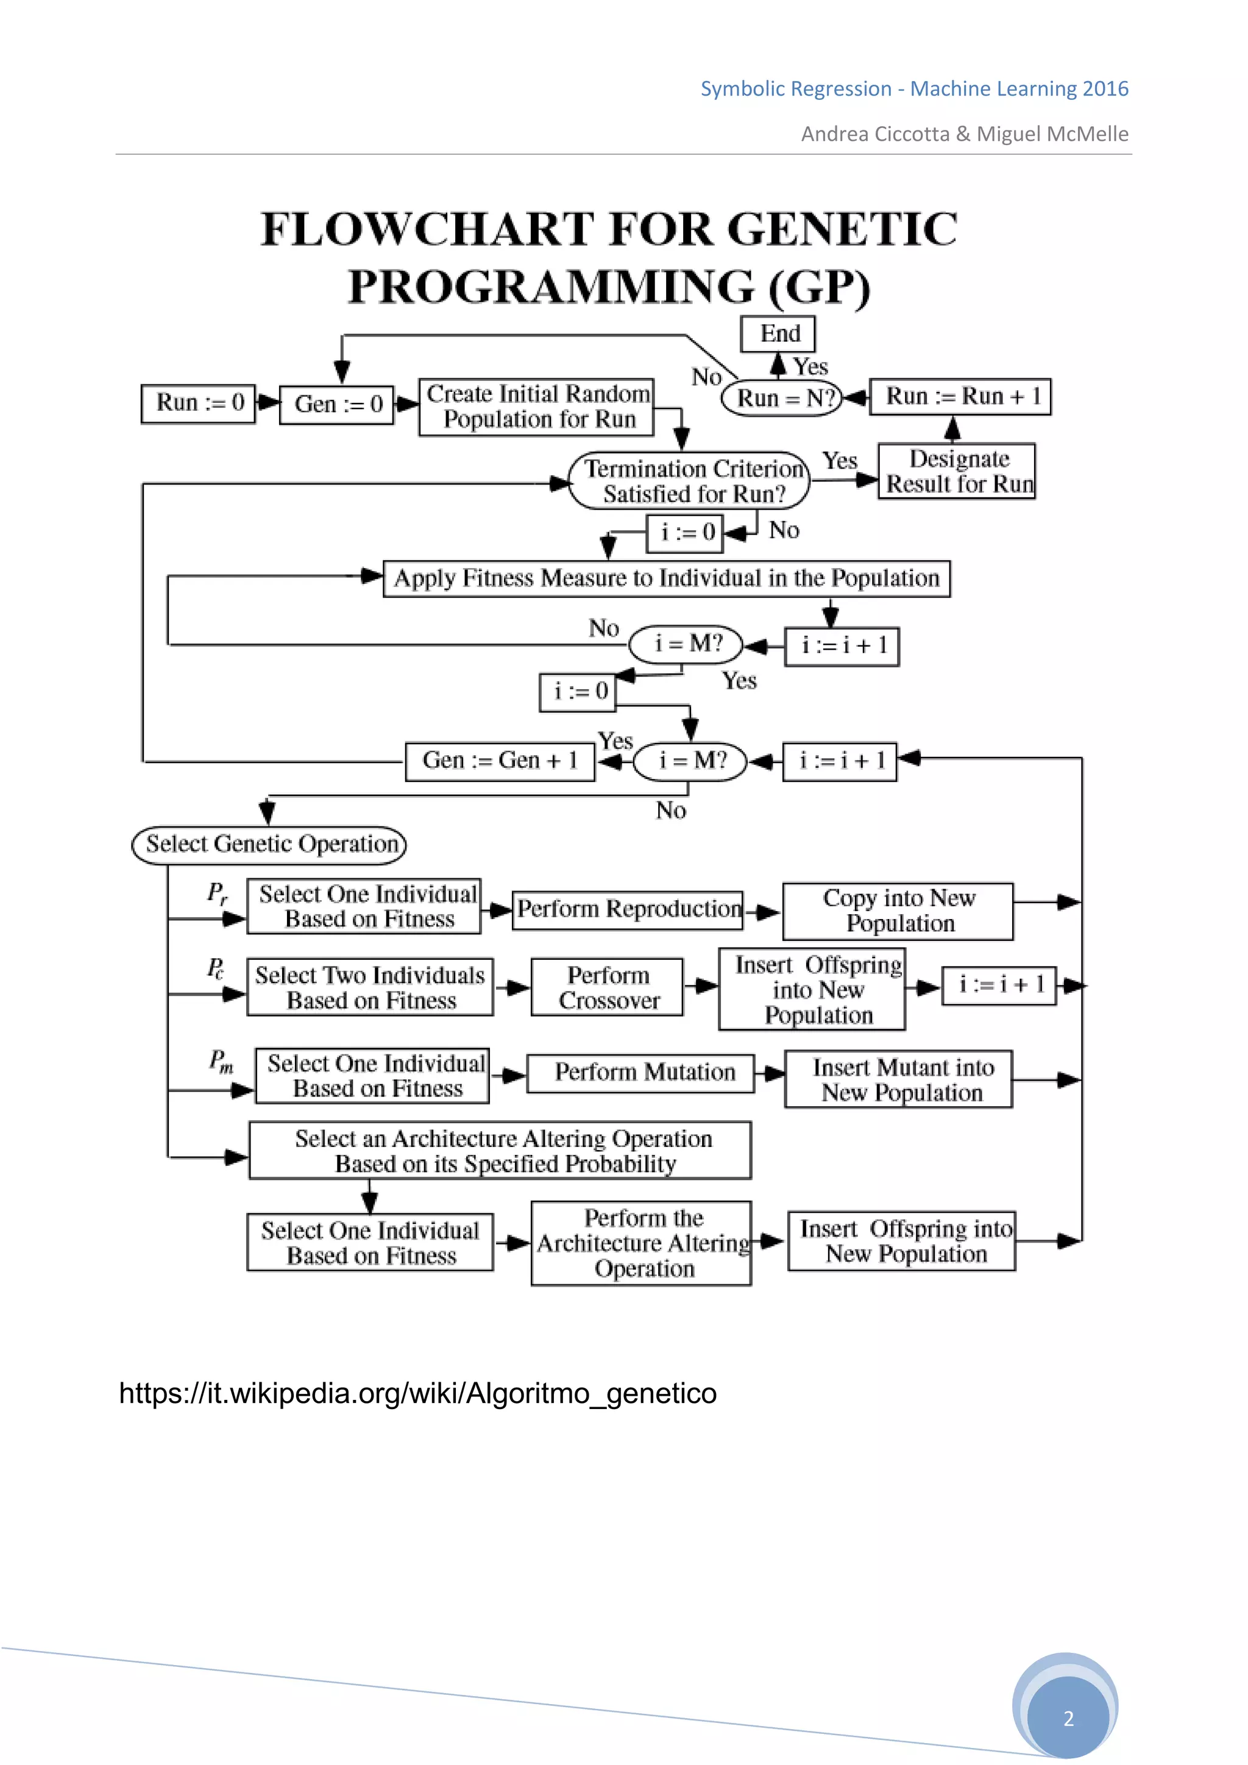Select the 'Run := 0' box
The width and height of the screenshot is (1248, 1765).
click(x=198, y=403)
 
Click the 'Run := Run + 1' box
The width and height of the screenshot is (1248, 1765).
click(x=960, y=397)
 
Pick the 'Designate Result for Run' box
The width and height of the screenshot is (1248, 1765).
click(x=957, y=471)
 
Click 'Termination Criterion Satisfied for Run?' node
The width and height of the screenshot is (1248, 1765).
click(x=689, y=480)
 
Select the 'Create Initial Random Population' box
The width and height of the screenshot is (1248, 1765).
click(x=536, y=407)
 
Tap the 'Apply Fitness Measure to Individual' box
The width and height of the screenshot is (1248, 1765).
click(x=666, y=579)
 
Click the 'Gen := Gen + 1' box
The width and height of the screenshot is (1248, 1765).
click(x=500, y=761)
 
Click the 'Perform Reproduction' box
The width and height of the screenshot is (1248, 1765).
click(x=628, y=909)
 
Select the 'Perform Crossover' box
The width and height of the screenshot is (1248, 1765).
click(x=607, y=987)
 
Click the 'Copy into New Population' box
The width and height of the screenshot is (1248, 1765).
click(x=898, y=911)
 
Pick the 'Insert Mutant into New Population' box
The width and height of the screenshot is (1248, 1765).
click(x=898, y=1079)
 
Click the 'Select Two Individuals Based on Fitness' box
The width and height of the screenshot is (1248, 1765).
click(x=370, y=987)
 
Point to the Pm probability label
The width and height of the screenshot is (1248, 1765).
click(x=221, y=1061)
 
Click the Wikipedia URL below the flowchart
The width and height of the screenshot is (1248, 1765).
click(x=417, y=1393)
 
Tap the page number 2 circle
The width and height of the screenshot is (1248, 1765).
click(x=1068, y=1718)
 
